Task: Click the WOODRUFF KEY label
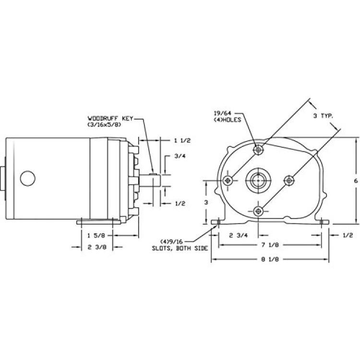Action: tap(110, 119)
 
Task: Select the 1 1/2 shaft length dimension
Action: tap(182, 141)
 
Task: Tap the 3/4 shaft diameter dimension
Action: tap(180, 156)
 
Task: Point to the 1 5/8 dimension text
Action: tap(96, 235)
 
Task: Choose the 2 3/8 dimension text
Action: tap(97, 247)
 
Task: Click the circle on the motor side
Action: tap(27, 178)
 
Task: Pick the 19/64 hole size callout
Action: tap(223, 113)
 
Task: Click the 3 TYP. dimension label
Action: tap(323, 116)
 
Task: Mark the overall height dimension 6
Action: tap(356, 181)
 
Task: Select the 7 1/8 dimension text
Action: tap(270, 245)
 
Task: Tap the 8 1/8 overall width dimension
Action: tap(270, 259)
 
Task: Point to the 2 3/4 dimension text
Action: tap(238, 235)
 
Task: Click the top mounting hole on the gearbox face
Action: tap(258, 150)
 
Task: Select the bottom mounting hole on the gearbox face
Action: tap(258, 211)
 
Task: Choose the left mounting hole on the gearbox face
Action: tap(228, 180)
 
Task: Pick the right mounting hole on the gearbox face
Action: tap(289, 180)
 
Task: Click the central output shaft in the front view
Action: tap(258, 180)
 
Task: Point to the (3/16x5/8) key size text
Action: tap(104, 125)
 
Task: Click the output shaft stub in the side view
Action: tap(149, 180)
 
